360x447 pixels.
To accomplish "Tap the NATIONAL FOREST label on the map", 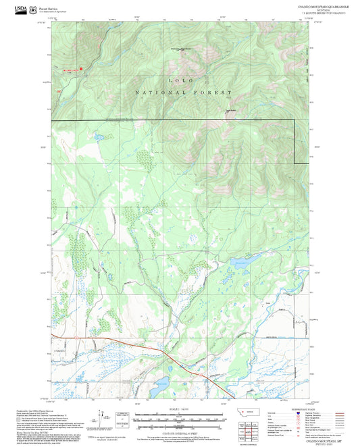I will click(x=183, y=92).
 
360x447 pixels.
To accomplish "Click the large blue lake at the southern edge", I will click(x=157, y=390).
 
